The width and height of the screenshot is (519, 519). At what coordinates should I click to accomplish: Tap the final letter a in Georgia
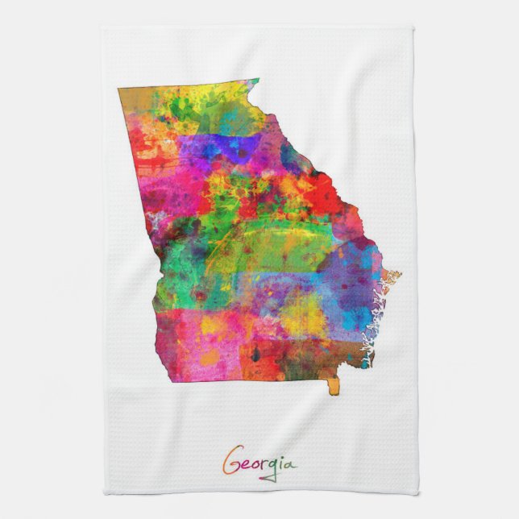pos(290,465)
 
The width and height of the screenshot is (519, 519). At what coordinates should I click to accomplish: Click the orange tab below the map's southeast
pos(334,387)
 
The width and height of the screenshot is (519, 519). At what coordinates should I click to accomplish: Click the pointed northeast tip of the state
pos(257,81)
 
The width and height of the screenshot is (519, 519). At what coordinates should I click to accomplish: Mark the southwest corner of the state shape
pos(171,379)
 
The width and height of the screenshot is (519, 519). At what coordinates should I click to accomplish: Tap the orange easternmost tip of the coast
pos(396,276)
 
